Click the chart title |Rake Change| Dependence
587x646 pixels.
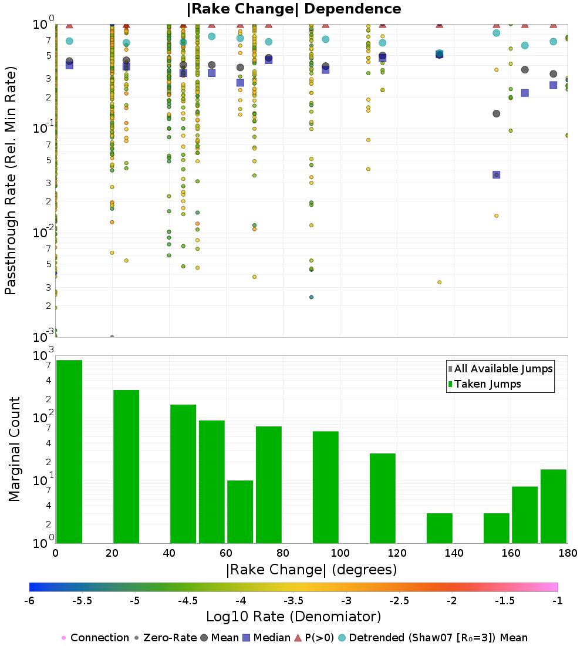(293, 9)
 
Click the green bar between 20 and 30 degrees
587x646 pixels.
(126, 466)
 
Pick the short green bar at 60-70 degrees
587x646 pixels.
(240, 512)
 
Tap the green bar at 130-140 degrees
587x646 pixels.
(439, 528)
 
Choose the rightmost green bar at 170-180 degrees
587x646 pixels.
(553, 506)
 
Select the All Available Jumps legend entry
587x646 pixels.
(500, 369)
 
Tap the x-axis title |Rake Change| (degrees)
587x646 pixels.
(311, 570)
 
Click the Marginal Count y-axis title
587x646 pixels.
(15, 449)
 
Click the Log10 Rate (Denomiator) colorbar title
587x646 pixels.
(293, 617)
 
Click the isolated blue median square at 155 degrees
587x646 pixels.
(496, 174)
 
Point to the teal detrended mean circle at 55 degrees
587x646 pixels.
(211, 36)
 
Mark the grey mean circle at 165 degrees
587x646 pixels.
(525, 69)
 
